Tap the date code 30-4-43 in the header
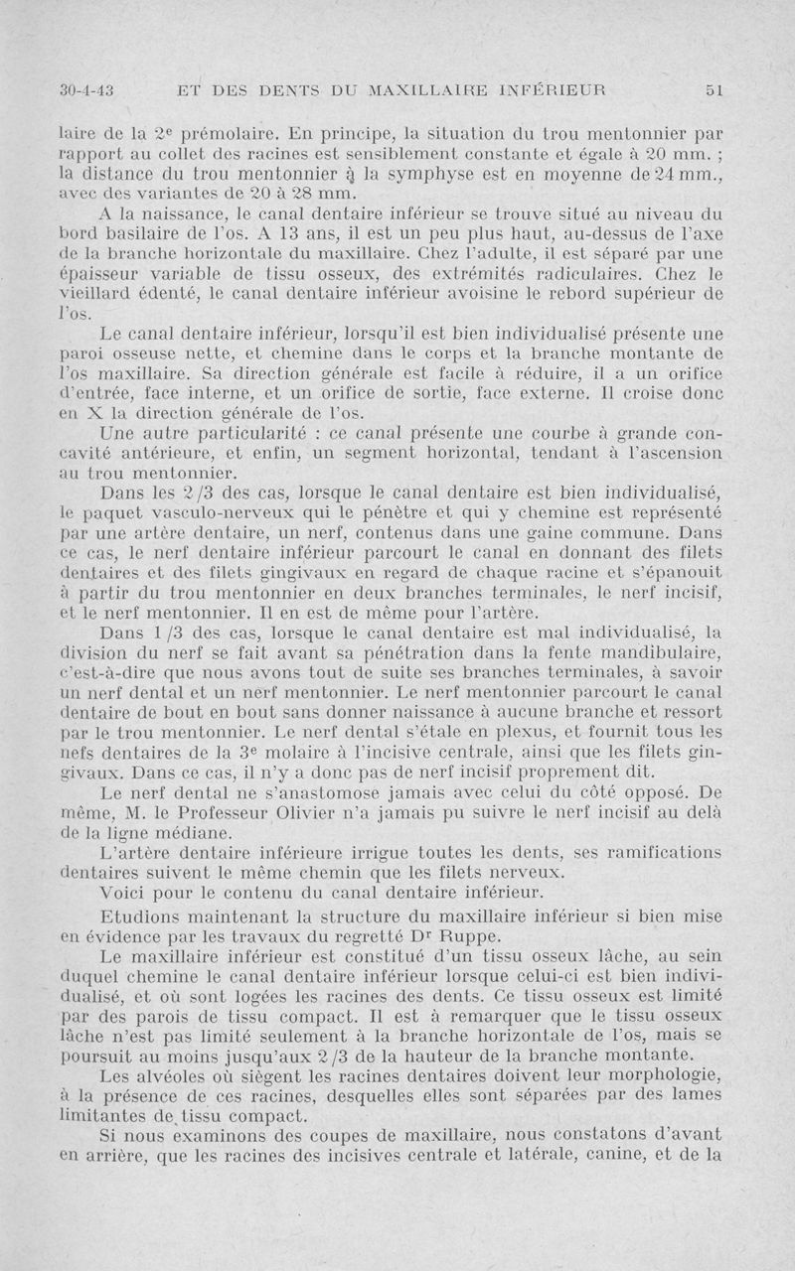click(86, 89)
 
